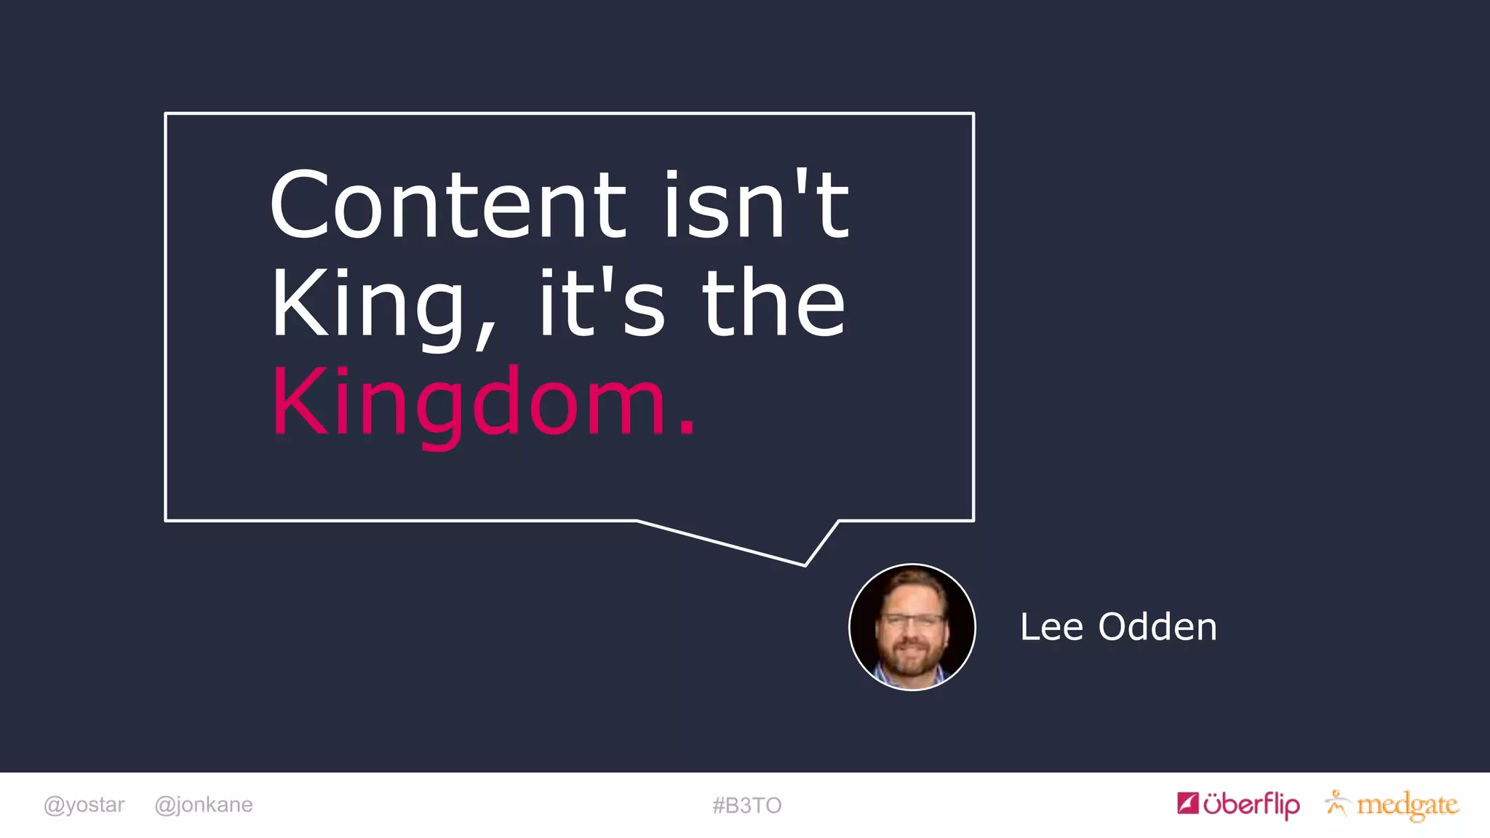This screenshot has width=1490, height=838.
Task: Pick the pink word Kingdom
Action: coord(469,403)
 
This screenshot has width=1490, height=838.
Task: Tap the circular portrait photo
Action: coord(912,627)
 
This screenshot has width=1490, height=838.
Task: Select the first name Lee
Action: coord(1051,627)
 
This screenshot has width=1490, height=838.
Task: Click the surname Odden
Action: coord(1157,627)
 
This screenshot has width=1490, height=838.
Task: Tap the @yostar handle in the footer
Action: coord(84,805)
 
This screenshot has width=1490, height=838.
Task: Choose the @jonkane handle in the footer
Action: coord(204,805)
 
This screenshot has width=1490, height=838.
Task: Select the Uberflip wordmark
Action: coord(1251,805)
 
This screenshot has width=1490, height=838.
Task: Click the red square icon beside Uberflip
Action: coord(1188,803)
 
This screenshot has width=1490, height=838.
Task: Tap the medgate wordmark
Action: coord(1408,805)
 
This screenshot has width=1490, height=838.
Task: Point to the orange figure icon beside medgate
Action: coord(1336,802)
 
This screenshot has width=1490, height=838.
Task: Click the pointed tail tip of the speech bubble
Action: coord(805,564)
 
